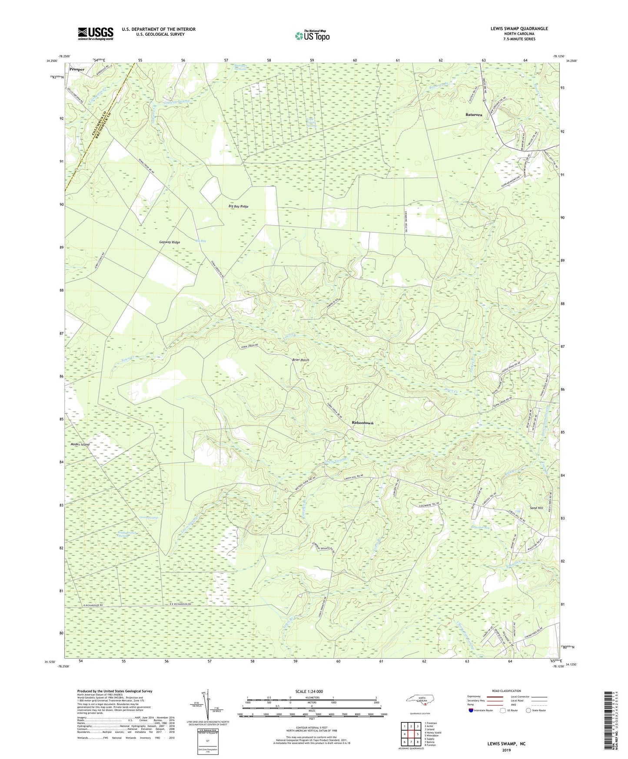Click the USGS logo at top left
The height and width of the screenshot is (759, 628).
click(x=96, y=33)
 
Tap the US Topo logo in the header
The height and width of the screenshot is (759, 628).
click(x=312, y=36)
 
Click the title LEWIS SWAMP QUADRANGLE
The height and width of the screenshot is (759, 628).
click(x=519, y=29)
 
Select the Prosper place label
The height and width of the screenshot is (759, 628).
click(x=76, y=69)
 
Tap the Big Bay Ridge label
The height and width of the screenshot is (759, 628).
click(x=238, y=206)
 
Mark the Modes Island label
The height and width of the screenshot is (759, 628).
click(x=80, y=445)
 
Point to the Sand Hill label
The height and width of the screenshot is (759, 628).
click(x=536, y=508)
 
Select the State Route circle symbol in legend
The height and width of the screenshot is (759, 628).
click(x=528, y=710)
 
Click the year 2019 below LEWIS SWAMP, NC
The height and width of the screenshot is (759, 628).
click(x=506, y=750)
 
